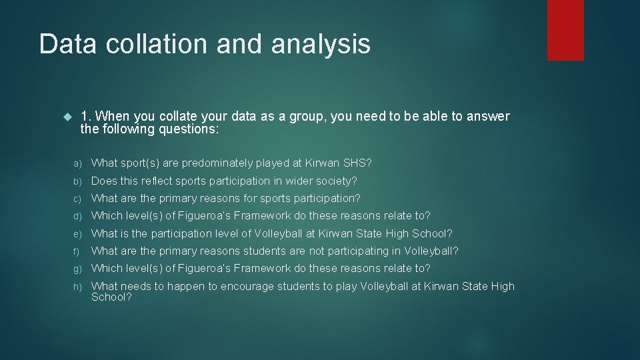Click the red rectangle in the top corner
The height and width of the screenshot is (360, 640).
click(565, 29)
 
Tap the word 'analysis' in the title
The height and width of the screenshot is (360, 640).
click(321, 44)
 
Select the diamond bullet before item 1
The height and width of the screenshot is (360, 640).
click(65, 117)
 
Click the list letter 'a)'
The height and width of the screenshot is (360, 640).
click(77, 163)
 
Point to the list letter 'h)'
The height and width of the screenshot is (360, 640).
click(77, 287)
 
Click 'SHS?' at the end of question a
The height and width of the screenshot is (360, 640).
click(359, 163)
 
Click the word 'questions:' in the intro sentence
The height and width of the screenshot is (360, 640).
click(188, 129)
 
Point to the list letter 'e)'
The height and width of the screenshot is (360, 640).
click(77, 234)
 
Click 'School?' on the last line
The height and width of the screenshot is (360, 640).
click(111, 297)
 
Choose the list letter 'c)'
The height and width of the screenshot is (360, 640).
click(77, 199)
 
